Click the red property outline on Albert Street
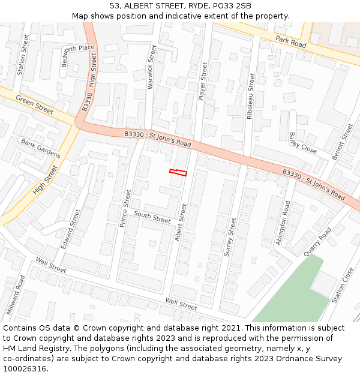point(178,173)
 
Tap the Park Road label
point(291,41)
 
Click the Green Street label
point(35,104)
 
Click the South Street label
point(152,217)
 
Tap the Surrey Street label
point(230,237)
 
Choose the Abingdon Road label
point(283,223)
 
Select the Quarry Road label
point(317,242)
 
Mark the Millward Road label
point(18,295)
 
